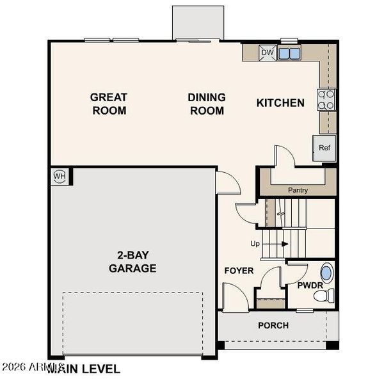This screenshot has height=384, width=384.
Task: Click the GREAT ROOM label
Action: (x=108, y=104)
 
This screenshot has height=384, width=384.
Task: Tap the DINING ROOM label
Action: (x=207, y=104)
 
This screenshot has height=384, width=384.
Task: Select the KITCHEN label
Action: (x=280, y=103)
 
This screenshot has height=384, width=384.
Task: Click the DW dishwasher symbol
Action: (x=268, y=53)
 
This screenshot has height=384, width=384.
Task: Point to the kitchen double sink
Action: (x=289, y=53)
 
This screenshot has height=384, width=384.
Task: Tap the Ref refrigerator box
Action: (x=324, y=148)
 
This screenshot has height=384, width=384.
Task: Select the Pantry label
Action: (x=298, y=190)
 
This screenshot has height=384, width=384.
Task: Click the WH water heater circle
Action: (x=60, y=176)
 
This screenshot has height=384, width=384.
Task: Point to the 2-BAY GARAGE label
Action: (x=132, y=262)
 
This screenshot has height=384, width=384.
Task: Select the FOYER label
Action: (x=239, y=271)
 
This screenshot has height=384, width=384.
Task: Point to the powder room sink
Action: (x=327, y=273)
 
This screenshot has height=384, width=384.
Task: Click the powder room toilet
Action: (x=327, y=295)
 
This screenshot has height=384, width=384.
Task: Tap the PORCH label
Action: (x=273, y=325)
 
